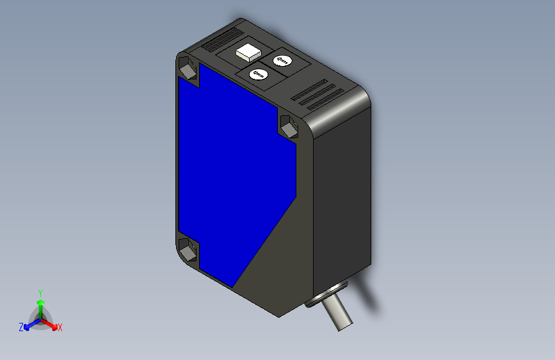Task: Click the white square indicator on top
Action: point(247,52)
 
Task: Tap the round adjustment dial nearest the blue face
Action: point(259,74)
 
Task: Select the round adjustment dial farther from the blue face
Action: point(282,61)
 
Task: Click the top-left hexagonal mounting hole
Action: point(188,68)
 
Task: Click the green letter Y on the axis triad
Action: point(40,291)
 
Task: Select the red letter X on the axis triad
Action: point(60,328)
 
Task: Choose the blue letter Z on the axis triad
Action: point(21,327)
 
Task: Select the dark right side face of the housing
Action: point(342,192)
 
